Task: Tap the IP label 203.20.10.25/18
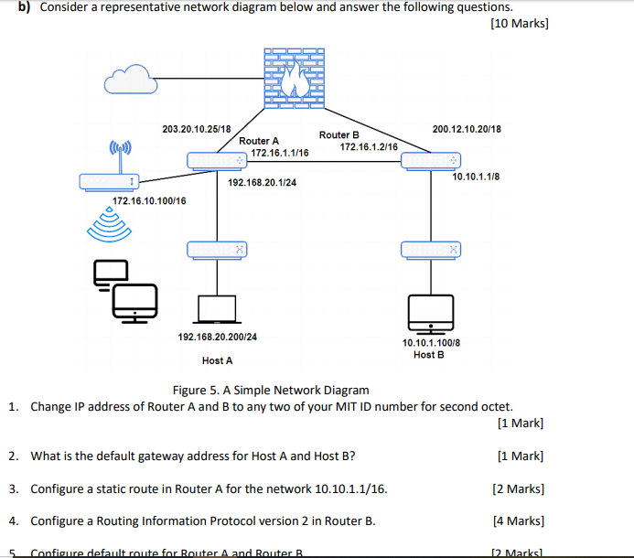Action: [196, 129]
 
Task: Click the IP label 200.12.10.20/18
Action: [467, 129]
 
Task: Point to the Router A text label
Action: [259, 141]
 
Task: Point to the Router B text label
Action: [338, 134]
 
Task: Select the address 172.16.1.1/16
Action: [280, 153]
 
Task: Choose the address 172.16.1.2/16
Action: [369, 146]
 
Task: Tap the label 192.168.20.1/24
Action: [262, 183]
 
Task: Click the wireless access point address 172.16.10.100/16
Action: [149, 200]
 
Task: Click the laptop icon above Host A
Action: [217, 309]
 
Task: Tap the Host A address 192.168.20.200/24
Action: [217, 337]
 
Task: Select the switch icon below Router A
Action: [217, 249]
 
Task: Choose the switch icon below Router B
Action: [430, 249]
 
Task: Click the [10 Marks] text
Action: [520, 23]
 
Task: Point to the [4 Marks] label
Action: [518, 521]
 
